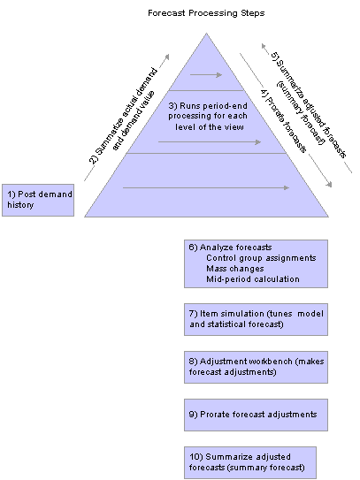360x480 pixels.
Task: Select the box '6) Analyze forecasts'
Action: click(x=255, y=263)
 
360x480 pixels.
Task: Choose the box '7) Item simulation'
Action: click(x=255, y=319)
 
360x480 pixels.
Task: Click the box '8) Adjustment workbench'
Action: click(x=255, y=367)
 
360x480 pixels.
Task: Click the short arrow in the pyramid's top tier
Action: click(x=206, y=75)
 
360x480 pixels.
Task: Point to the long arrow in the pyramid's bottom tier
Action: click(x=206, y=187)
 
